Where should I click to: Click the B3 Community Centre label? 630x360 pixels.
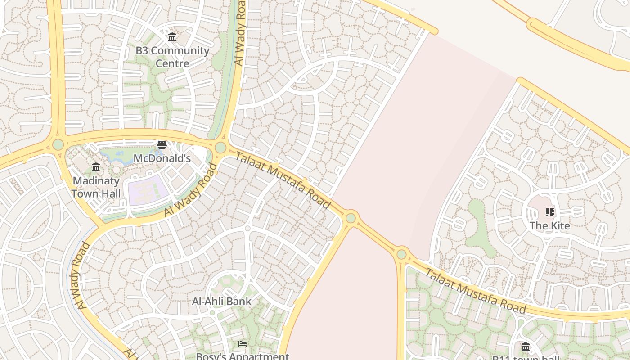coord(172,57)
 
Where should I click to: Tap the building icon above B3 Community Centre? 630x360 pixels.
coord(172,37)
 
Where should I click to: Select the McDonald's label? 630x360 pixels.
coord(162,158)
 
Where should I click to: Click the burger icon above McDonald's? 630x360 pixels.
coord(162,145)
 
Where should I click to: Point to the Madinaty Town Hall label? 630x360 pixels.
coord(96,187)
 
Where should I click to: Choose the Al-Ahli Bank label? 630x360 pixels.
coord(221,301)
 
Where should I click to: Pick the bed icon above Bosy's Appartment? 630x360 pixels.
coord(243,344)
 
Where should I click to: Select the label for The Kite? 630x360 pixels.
coord(549,225)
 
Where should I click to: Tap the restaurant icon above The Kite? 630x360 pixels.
coord(549,212)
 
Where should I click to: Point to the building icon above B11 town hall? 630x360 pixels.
coord(526,346)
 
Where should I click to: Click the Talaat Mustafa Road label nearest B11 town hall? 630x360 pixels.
coord(475,291)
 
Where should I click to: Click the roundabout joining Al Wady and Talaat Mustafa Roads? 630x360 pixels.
coord(220,147)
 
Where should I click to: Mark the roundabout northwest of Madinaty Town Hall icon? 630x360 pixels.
coord(58,144)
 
